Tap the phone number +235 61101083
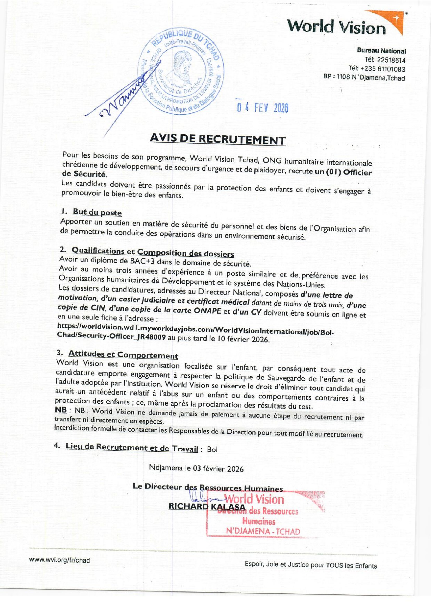click(384, 69)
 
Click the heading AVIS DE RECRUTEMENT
click(218, 140)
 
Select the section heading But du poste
click(97, 213)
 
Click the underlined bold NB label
click(61, 410)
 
